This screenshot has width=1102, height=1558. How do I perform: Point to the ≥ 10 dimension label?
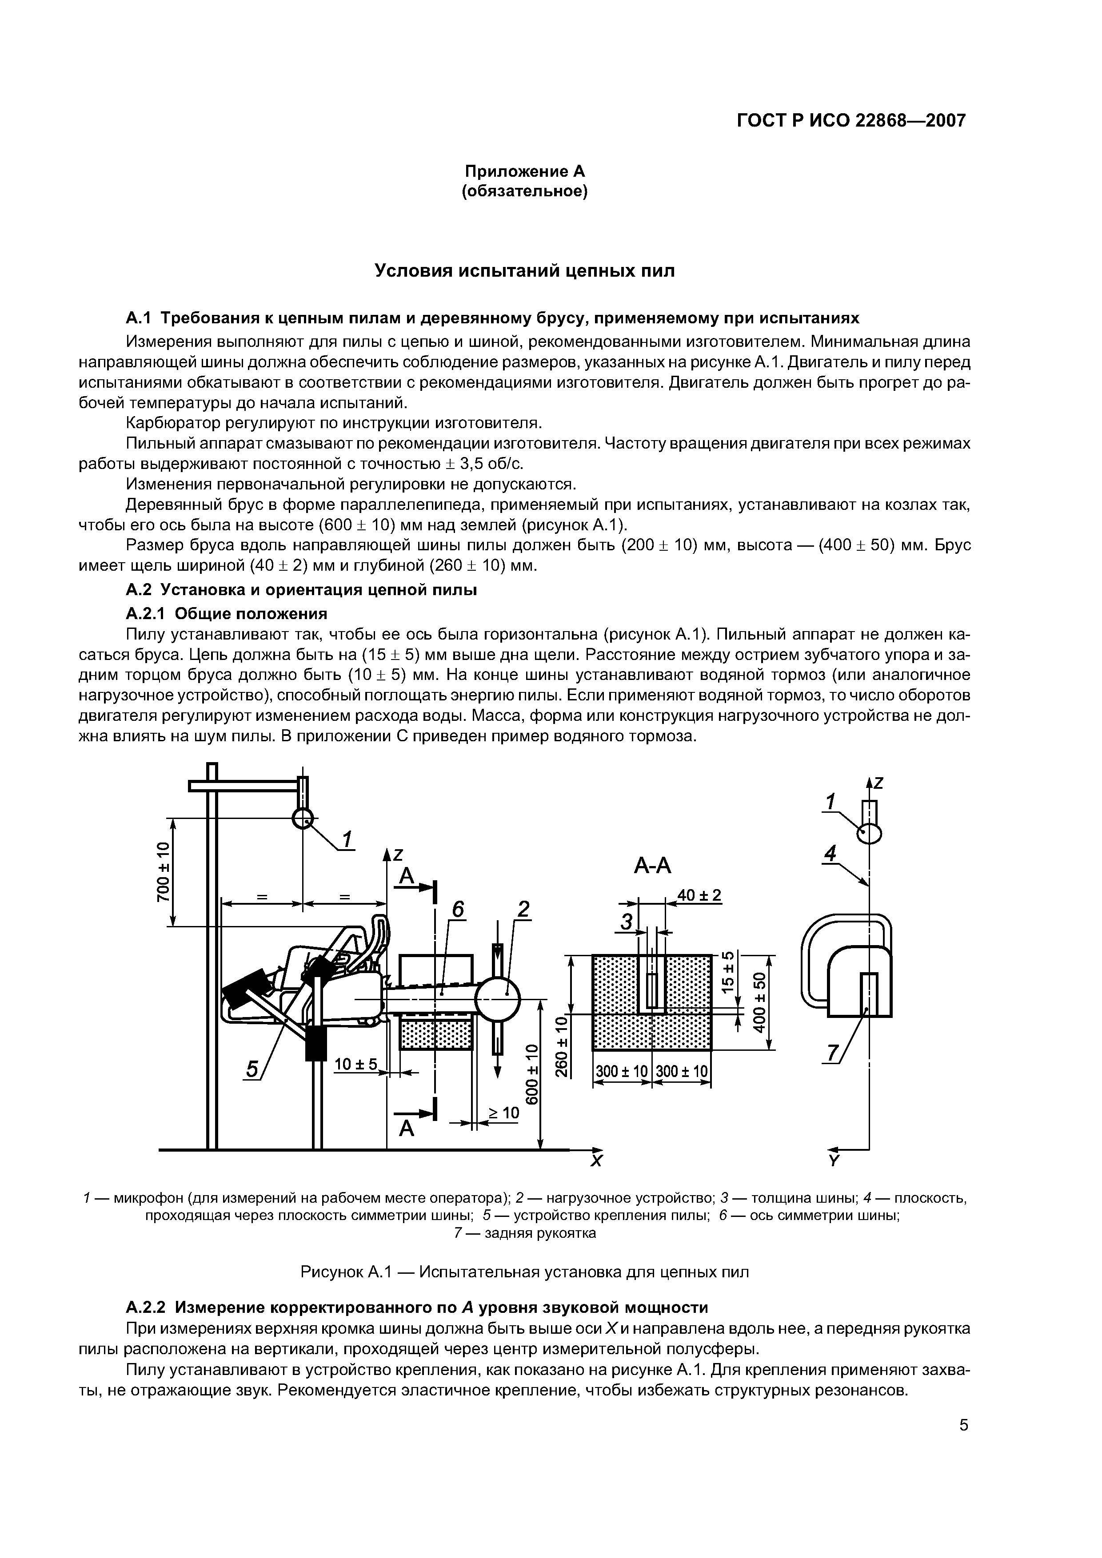point(504,1113)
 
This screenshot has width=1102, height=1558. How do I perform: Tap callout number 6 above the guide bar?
point(458,909)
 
